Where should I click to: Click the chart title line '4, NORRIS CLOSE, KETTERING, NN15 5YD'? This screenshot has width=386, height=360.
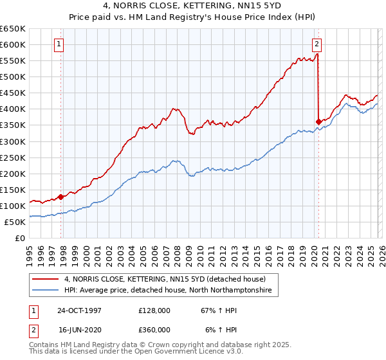point(193,6)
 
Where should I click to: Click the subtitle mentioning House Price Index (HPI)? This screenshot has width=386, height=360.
point(193,17)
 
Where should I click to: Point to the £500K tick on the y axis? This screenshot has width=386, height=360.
point(14,76)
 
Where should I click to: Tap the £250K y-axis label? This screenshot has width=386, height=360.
point(14,157)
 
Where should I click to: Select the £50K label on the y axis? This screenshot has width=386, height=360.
point(15,222)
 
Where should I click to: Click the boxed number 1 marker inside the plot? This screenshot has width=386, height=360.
point(59,44)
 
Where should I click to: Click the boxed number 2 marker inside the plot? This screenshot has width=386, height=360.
point(317,44)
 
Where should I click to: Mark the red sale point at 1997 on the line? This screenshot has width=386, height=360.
point(61,197)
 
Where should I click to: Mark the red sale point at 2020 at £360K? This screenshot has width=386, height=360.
point(318,121)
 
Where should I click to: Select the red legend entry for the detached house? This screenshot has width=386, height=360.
point(161,278)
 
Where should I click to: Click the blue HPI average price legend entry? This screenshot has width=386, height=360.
point(167,291)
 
